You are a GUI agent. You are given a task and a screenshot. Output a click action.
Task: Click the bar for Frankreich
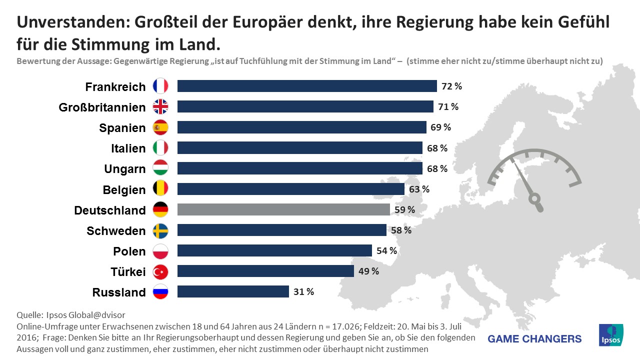click(307, 86)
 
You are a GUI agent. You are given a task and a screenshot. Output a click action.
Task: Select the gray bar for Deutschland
click(283, 209)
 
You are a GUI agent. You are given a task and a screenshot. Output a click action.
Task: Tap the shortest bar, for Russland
click(233, 291)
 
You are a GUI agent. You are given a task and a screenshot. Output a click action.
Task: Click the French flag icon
click(160, 86)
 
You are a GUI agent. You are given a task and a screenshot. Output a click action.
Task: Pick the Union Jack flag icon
click(160, 106)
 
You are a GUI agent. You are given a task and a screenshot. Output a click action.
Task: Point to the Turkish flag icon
click(160, 271)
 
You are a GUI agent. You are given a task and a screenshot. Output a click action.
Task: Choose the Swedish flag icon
click(160, 230)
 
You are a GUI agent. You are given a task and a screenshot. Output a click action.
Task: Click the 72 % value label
click(451, 86)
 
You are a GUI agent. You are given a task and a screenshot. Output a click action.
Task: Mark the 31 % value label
click(303, 292)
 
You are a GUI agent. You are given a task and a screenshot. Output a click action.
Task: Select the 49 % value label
click(368, 271)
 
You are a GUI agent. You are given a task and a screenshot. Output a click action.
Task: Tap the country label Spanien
click(122, 128)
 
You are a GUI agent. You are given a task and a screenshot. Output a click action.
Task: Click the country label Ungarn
click(125, 169)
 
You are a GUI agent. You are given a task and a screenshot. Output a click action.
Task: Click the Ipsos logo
click(611, 334)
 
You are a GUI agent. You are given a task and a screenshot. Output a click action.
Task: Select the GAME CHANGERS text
click(534, 339)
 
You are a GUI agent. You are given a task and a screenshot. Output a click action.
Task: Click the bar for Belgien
click(291, 189)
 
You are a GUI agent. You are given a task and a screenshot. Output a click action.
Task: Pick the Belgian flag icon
click(160, 189)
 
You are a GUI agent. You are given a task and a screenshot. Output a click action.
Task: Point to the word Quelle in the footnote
click(29, 315)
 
